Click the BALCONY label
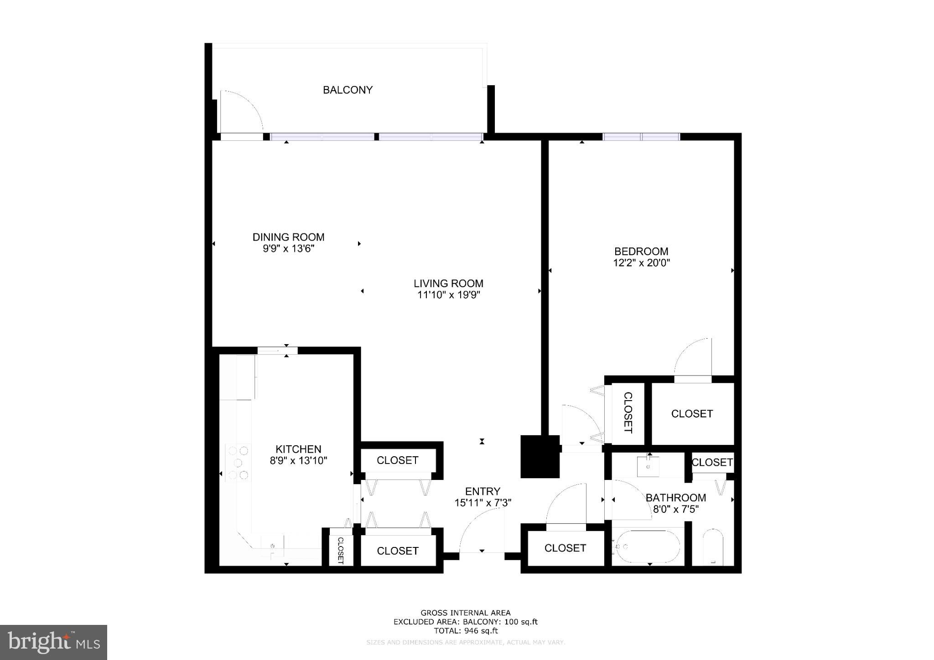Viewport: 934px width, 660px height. [348, 90]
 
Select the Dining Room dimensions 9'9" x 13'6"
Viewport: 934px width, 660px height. [288, 249]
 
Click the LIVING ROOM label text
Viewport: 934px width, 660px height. [448, 283]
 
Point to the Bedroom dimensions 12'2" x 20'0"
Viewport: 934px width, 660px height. [641, 263]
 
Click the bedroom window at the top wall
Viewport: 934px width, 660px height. [641, 136]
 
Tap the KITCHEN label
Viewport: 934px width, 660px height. [298, 449]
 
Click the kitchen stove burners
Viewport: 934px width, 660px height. [238, 463]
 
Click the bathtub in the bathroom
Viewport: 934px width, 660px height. [648, 546]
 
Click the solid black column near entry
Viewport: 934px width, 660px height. [540, 457]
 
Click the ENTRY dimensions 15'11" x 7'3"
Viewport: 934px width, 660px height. [483, 503]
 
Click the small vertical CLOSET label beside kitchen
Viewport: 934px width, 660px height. [340, 550]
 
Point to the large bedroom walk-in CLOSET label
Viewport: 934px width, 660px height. [692, 413]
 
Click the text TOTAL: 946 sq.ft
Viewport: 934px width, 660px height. [465, 631]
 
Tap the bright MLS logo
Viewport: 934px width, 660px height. [53, 642]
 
